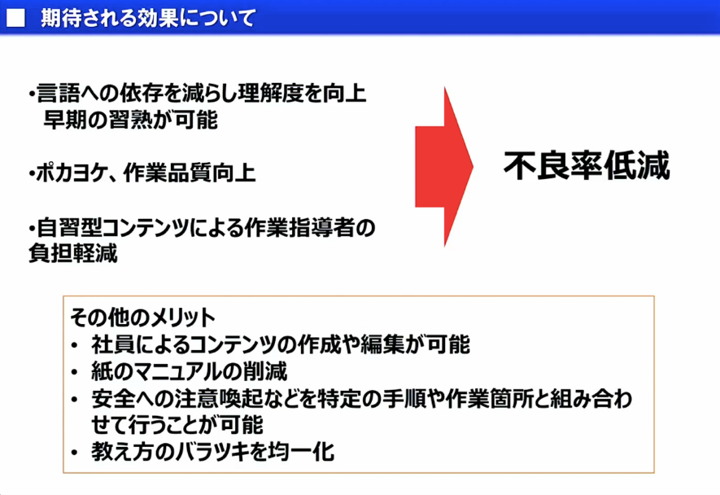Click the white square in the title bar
15,17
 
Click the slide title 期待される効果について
147,18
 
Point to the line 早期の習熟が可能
131,120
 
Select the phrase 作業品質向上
189,174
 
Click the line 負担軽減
72,253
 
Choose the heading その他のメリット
142,318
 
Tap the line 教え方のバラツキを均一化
212,452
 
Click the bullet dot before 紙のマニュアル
76,373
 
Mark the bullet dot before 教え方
76,453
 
